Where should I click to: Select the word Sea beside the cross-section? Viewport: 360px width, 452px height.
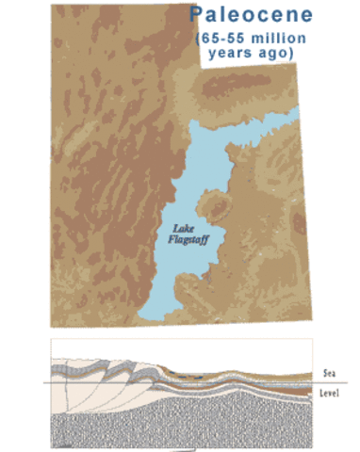[x=327, y=374]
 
